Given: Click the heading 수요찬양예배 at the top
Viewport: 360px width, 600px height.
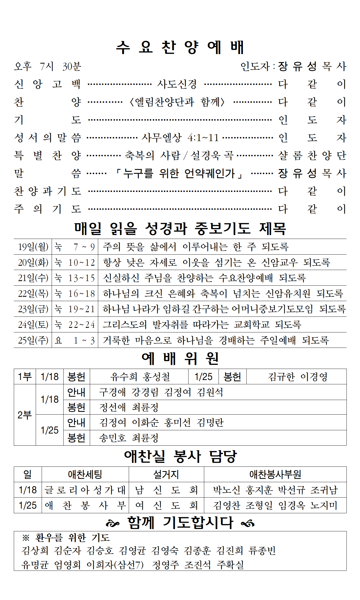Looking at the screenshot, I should [x=180, y=47].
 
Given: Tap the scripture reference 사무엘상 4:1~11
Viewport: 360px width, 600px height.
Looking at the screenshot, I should [x=180, y=138].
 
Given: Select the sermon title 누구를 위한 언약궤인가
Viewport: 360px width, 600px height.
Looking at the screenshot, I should [x=179, y=173].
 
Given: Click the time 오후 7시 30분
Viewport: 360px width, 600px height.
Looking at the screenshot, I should [x=48, y=66].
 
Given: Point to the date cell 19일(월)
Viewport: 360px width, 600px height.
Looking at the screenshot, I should [x=33, y=247].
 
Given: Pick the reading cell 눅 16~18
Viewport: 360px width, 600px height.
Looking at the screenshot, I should [x=75, y=294].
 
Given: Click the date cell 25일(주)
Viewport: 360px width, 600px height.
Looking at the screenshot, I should [x=33, y=340].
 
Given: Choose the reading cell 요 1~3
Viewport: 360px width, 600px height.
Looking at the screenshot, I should [x=75, y=340].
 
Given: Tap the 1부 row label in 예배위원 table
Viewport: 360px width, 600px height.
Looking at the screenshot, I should [x=25, y=376].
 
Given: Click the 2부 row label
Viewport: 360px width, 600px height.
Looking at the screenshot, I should [x=25, y=415].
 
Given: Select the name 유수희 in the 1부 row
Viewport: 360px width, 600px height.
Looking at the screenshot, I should [x=124, y=376].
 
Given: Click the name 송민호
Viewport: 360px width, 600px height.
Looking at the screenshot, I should [x=113, y=438].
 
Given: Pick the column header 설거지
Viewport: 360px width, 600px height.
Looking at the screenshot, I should [x=166, y=474].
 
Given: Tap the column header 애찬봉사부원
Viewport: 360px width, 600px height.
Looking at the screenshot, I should [x=275, y=474].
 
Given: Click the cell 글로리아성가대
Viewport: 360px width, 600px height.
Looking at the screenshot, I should [x=85, y=490].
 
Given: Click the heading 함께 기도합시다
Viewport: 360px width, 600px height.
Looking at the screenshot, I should [x=180, y=522].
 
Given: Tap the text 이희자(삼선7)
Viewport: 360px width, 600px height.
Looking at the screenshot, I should [x=115, y=564].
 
